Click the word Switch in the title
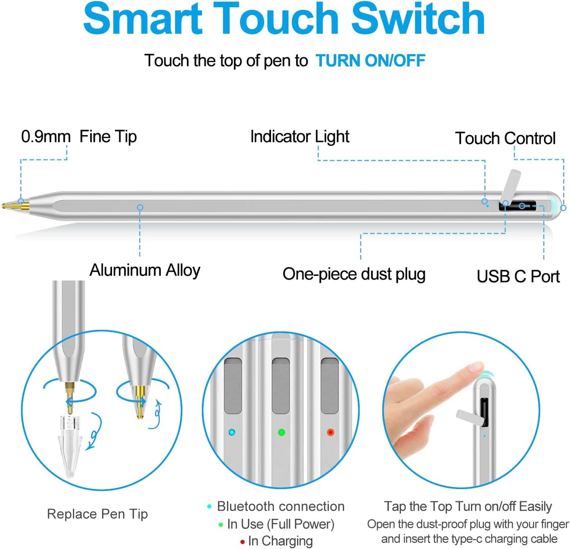pos(418,19)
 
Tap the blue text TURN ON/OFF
pos(370,61)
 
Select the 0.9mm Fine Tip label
pos(79,137)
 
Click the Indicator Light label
pos(300,137)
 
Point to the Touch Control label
pos(505,138)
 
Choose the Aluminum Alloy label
pos(145,270)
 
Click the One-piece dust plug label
pos(354,274)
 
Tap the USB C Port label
pos(518,276)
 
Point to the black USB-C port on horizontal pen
pos(517,206)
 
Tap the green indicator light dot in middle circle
pos(281,432)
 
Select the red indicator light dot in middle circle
pos(330,432)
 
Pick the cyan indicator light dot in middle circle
pos(232,432)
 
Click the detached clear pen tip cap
pos(70,445)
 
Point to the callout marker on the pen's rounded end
pos(563,208)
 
